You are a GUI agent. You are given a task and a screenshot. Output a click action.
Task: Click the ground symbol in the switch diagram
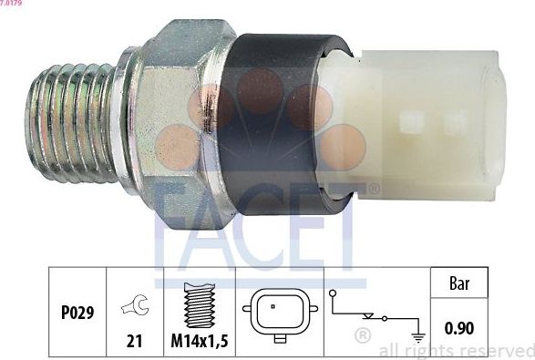point(417,336)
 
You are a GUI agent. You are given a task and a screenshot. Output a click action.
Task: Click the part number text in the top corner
point(13,4)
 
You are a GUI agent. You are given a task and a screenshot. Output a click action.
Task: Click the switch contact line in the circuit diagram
point(368,316)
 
